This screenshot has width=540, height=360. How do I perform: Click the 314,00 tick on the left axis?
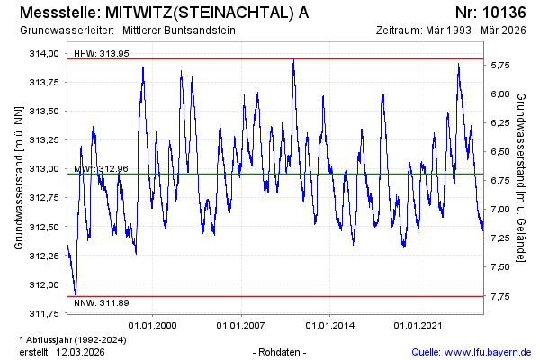[x=43, y=53]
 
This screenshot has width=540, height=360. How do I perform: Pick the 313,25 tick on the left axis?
[x=43, y=140]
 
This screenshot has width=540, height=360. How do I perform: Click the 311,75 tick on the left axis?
[x=43, y=314]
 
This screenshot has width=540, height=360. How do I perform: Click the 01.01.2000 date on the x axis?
[x=153, y=325]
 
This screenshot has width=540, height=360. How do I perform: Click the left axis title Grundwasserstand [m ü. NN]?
[x=19, y=177]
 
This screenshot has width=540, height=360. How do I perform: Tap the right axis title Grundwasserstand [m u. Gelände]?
[x=521, y=177]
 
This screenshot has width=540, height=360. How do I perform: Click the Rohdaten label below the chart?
[x=281, y=351]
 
